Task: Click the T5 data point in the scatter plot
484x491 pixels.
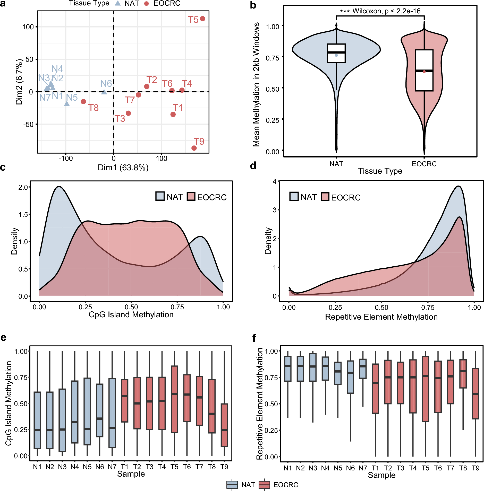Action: click(x=202, y=19)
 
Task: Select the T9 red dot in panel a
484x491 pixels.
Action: click(x=194, y=148)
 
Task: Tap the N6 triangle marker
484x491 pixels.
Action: click(x=104, y=92)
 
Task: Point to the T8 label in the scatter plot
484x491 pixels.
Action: click(x=94, y=108)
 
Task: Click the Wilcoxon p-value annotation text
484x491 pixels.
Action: click(x=380, y=11)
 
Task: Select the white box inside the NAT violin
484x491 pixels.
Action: click(x=336, y=53)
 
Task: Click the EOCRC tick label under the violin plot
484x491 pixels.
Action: click(x=424, y=164)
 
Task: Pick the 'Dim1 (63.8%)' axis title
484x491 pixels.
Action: click(x=123, y=168)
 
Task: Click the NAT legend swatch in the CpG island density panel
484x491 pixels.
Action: click(x=160, y=196)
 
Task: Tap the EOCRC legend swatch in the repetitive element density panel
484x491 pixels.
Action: click(x=325, y=197)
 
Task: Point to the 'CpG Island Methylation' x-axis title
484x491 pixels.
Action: click(x=131, y=314)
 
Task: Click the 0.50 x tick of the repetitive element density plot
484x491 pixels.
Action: click(x=381, y=308)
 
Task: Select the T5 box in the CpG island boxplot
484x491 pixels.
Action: click(x=174, y=399)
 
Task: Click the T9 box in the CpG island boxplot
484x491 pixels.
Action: click(x=224, y=425)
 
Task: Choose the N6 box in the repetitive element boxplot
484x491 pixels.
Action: click(x=350, y=377)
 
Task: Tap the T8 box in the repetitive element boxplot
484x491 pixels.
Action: click(x=463, y=374)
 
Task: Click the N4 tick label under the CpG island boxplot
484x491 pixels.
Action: click(x=75, y=467)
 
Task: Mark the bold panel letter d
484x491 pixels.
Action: click(x=253, y=166)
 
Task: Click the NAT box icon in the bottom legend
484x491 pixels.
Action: click(x=232, y=485)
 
